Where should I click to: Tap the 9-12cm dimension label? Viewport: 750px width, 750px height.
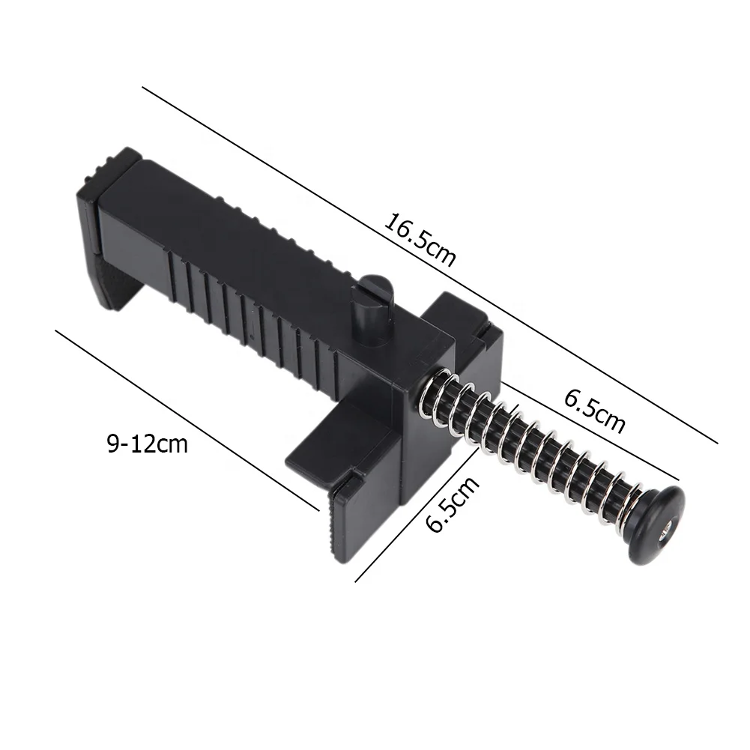147,444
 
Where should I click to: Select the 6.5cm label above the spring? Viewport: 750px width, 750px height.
594,411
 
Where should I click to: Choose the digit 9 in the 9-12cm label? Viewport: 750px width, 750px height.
112,444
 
